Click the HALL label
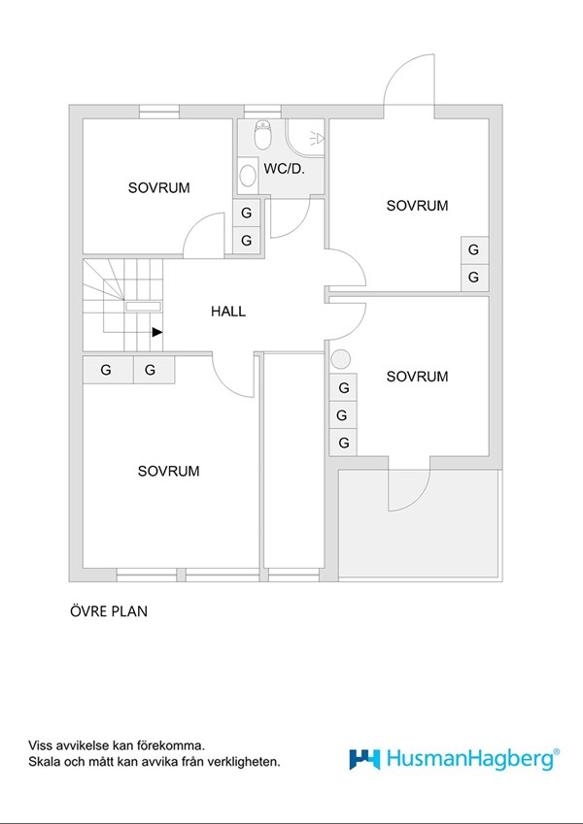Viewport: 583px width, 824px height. click(228, 312)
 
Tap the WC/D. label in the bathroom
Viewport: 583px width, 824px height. click(284, 168)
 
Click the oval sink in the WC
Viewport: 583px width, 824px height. click(248, 175)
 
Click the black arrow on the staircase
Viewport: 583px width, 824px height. click(156, 332)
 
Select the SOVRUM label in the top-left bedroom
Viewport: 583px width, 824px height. click(158, 187)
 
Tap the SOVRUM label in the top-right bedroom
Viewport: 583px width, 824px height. click(417, 205)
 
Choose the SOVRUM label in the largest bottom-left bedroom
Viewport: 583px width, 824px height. click(168, 471)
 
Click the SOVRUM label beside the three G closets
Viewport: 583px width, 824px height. click(417, 376)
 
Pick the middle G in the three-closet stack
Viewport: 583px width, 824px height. click(343, 415)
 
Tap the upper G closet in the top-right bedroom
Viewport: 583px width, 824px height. click(473, 249)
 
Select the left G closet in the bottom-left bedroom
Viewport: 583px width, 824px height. click(106, 370)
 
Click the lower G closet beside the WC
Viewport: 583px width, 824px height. click(247, 240)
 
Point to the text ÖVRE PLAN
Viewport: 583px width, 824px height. click(108, 611)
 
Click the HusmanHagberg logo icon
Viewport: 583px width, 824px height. click(364, 758)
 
